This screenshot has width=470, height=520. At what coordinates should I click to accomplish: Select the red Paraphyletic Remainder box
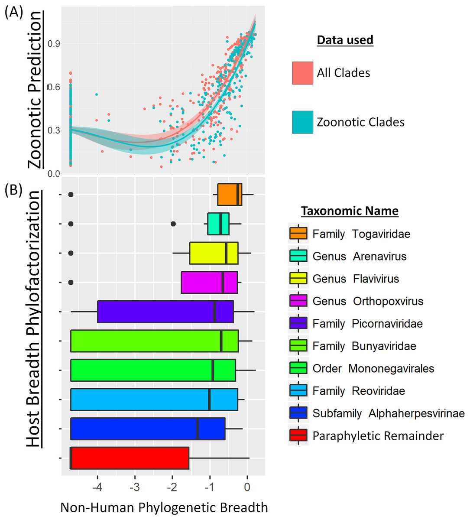pyautogui.click(x=130, y=458)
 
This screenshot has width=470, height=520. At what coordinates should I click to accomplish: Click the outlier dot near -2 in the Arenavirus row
pyautogui.click(x=173, y=224)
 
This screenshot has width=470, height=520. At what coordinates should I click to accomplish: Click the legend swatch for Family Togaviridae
pyautogui.click(x=298, y=234)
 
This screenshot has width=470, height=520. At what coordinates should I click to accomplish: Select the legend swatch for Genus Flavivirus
pyautogui.click(x=298, y=279)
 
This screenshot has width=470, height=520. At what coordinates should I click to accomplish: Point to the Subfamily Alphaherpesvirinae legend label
pyautogui.click(x=388, y=413)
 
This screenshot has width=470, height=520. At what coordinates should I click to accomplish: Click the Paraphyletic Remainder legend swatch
pyautogui.click(x=298, y=435)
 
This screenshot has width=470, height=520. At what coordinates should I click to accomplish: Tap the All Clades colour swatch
pyautogui.click(x=302, y=73)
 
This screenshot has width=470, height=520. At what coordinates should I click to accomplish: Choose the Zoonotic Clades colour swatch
pyautogui.click(x=302, y=122)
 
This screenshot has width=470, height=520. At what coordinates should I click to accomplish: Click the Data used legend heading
pyautogui.click(x=345, y=40)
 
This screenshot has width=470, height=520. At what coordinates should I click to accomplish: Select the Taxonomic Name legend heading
pyautogui.click(x=350, y=211)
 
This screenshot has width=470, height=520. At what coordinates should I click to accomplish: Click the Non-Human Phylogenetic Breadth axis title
pyautogui.click(x=164, y=507)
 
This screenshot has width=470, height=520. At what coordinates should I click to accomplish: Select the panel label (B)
pyautogui.click(x=13, y=190)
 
